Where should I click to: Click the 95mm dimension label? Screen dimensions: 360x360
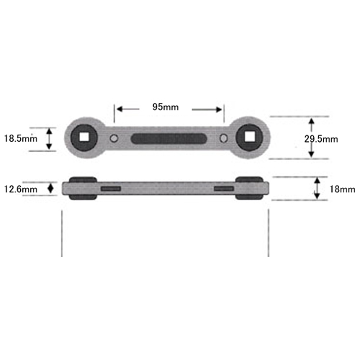[166, 107]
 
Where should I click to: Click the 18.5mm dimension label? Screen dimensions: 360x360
[21, 139]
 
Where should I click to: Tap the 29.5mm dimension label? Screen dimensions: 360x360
[321, 139]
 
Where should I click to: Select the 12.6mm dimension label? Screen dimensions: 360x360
[21, 189]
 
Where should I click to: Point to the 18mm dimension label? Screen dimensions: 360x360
[342, 189]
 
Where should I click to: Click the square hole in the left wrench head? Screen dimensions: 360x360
[84, 138]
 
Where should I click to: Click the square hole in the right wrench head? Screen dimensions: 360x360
[249, 138]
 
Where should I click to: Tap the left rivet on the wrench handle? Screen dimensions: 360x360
[114, 138]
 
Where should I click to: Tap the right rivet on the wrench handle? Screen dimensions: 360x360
[224, 138]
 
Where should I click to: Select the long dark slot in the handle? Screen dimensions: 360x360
[168, 139]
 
